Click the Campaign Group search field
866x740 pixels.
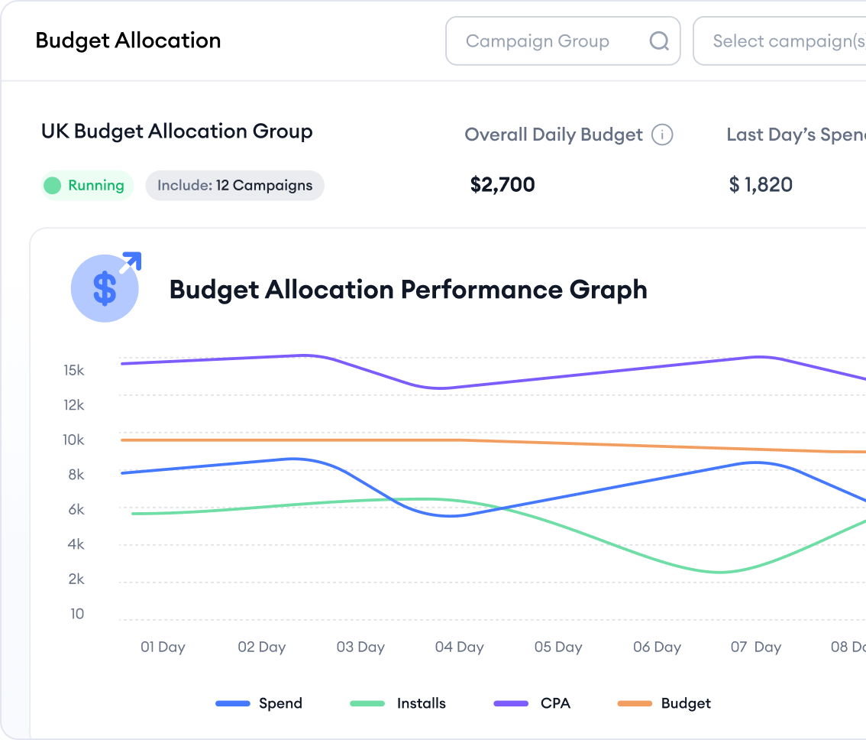[x=538, y=41]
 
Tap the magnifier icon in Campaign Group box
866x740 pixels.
[x=659, y=41]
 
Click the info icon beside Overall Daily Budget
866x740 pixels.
[x=662, y=135]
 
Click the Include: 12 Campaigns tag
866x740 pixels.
[x=234, y=186]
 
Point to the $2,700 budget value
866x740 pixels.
[x=502, y=184]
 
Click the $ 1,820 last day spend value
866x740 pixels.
[x=761, y=184]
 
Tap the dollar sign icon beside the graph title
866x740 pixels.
[x=105, y=289]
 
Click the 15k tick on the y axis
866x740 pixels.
[x=74, y=371]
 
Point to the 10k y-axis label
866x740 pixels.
[x=74, y=440]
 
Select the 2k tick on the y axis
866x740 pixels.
[x=76, y=579]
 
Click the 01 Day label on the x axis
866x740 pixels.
[x=163, y=647]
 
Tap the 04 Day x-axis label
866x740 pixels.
[x=459, y=647]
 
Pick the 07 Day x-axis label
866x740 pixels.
[x=755, y=647]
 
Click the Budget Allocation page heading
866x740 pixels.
[x=128, y=41]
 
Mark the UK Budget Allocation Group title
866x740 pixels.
[x=177, y=131]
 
